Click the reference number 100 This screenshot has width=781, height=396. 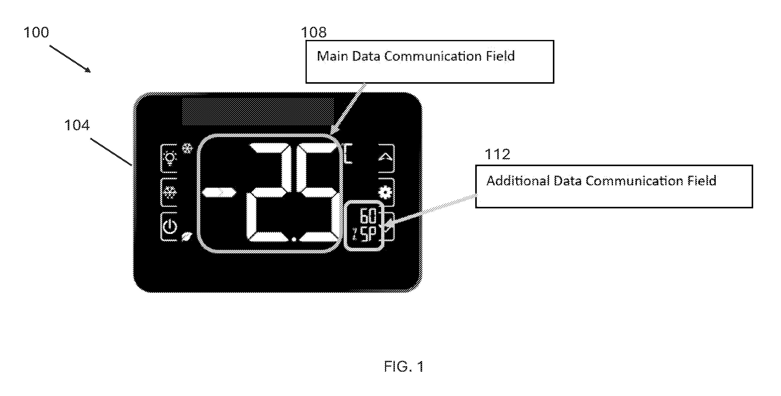[x=36, y=32]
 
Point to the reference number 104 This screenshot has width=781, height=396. [x=77, y=125]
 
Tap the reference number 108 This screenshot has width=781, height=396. [x=314, y=32]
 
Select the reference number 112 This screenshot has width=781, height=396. [x=497, y=154]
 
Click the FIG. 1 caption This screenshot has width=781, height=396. [x=404, y=367]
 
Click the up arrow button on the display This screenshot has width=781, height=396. [x=386, y=158]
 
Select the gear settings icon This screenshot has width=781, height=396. [x=385, y=192]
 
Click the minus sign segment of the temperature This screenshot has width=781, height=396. [x=219, y=192]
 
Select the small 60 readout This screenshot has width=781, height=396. [x=368, y=216]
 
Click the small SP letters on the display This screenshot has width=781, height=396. [x=368, y=234]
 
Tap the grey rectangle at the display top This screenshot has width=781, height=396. [x=258, y=112]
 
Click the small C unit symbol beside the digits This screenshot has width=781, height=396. [x=348, y=153]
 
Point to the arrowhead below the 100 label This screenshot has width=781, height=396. [x=88, y=70]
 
